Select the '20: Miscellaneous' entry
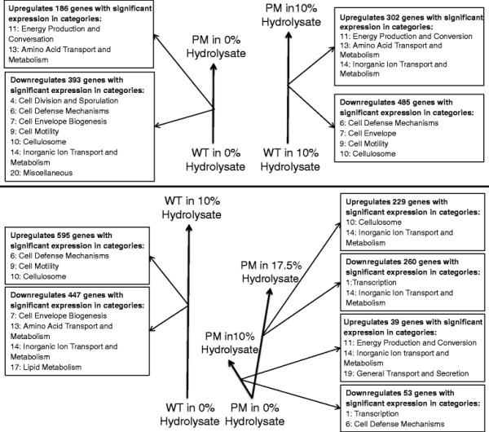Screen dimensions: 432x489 coord(42,173)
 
